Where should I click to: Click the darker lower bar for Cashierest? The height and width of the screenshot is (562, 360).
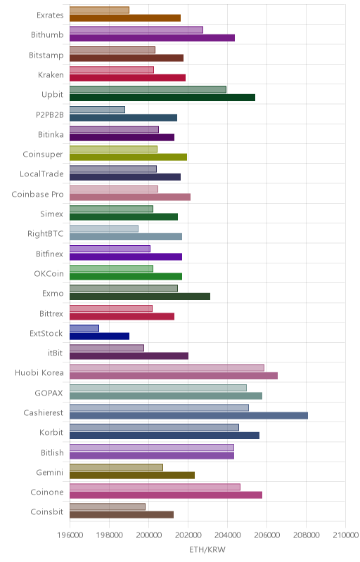188,416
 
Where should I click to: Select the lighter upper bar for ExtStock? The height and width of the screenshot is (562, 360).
84,328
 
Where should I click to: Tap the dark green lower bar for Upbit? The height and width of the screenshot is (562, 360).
162,98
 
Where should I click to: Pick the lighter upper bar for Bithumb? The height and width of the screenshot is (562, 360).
136,30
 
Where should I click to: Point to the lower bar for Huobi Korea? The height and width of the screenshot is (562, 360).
174,376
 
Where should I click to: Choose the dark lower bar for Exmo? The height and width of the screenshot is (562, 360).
140,296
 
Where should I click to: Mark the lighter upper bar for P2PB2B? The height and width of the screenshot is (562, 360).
97,110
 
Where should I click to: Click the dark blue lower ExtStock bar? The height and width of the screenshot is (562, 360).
99,336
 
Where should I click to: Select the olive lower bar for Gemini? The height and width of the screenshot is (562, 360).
132,476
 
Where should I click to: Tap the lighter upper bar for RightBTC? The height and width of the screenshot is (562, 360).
104,229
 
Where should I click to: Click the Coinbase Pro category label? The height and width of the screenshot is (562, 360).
37,195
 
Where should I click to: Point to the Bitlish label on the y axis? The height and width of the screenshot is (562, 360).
52,452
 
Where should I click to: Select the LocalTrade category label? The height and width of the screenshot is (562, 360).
41,174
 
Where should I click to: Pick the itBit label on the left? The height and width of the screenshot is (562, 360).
56,353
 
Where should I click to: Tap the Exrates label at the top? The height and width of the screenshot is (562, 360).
50,15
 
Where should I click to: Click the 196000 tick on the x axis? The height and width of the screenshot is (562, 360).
70,535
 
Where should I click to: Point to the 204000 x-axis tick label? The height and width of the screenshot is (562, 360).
227,535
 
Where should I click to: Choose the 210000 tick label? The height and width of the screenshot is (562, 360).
345,535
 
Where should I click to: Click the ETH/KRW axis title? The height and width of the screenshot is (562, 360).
207,550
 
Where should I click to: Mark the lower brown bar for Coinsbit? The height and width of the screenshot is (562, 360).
122,515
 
